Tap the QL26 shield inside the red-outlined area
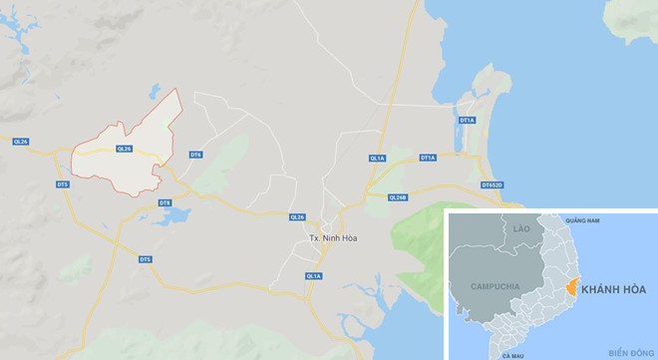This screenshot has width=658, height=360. click(124, 149)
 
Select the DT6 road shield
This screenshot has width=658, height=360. click(195, 155)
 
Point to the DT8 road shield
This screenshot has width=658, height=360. click(165, 203)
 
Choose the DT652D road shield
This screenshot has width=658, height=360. click(493, 185)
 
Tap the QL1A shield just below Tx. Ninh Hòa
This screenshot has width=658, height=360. click(313, 275)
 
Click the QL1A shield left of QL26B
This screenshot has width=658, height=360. click(376, 159)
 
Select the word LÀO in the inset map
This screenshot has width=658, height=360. click(520, 229)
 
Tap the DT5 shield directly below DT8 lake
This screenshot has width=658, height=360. click(145, 259)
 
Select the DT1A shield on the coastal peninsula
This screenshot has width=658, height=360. click(466, 120)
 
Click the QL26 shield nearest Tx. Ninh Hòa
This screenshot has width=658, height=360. click(296, 216)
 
